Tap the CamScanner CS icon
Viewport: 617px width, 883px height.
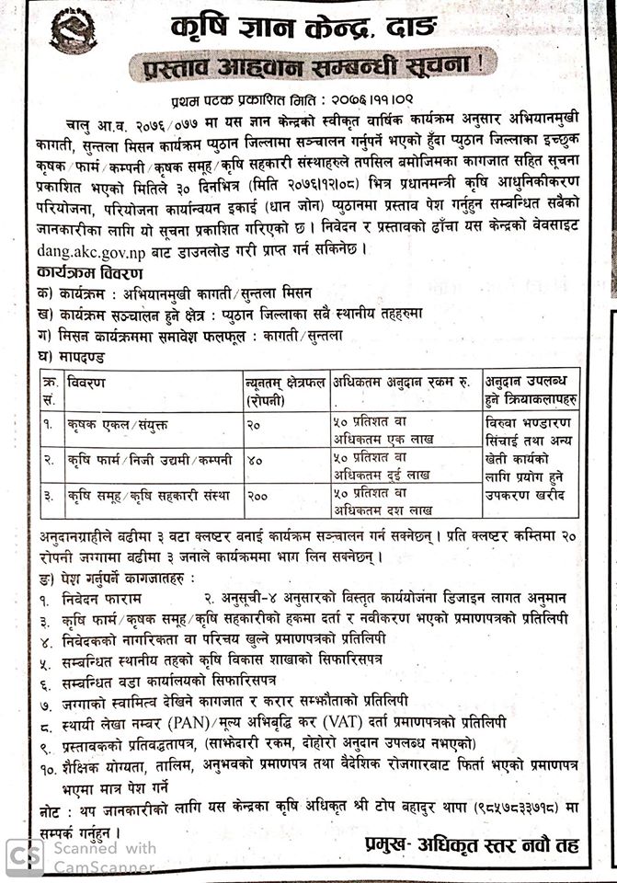tap(27, 856)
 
